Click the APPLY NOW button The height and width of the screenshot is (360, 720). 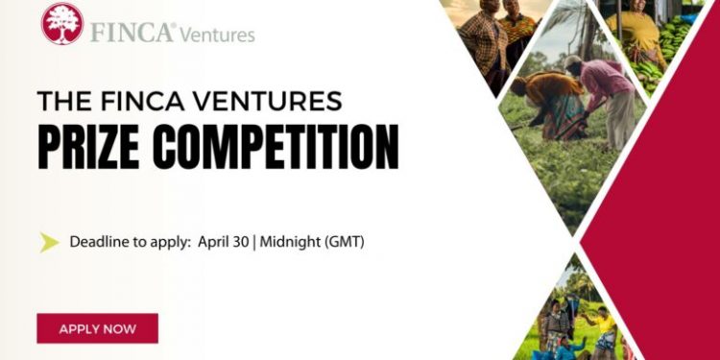coord(97,328)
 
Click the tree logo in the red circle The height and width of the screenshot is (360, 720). coord(61,23)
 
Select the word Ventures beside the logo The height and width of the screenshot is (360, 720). coord(219,35)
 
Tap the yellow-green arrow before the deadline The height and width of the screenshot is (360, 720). coord(49,242)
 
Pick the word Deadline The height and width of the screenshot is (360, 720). coord(101,242)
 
